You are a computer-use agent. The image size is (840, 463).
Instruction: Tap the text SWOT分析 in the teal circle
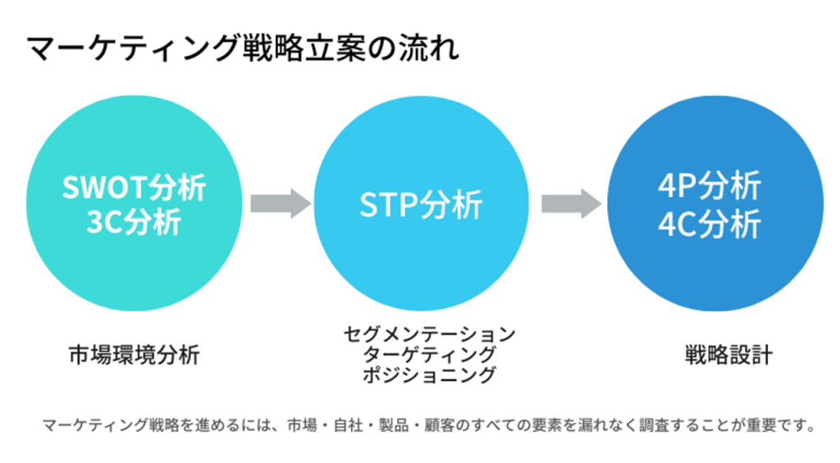pos(134,188)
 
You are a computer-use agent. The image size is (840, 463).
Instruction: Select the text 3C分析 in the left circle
pos(134,223)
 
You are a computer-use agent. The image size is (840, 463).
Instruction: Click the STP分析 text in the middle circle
pos(421,206)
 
